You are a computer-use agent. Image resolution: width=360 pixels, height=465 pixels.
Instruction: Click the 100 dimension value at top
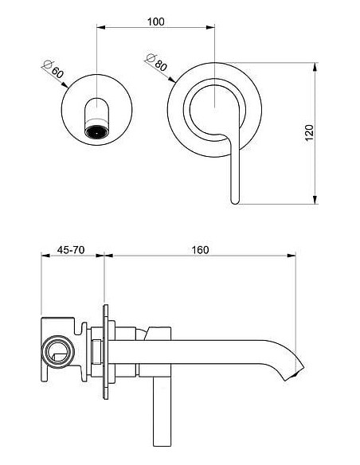click(x=156, y=21)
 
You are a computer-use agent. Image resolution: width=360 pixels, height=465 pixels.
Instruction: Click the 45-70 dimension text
click(x=72, y=249)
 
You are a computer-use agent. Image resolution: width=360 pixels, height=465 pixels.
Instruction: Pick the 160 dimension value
click(x=200, y=249)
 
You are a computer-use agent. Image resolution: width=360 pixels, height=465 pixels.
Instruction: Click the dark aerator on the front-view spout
click(x=96, y=130)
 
